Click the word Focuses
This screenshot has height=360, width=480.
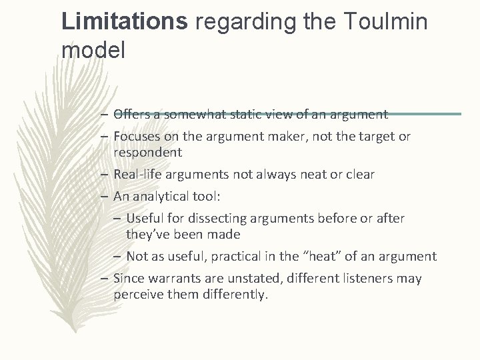[x=137, y=137]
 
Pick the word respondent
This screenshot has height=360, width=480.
[x=147, y=152]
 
